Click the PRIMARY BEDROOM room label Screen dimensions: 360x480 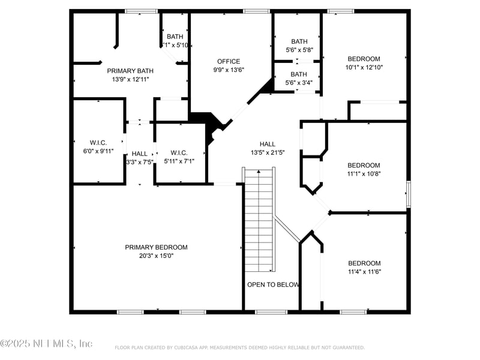pyautogui.click(x=156, y=247)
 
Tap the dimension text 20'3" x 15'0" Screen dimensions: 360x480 pyautogui.click(x=156, y=256)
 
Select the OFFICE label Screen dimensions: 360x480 pyautogui.click(x=229, y=61)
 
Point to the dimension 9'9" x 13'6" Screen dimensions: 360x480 pyautogui.click(x=229, y=70)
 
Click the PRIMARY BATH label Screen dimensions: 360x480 pyautogui.click(x=130, y=71)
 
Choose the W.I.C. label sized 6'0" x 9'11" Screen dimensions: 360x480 pyautogui.click(x=98, y=142)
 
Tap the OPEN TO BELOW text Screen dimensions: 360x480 pyautogui.click(x=273, y=284)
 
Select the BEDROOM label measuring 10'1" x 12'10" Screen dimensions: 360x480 pyautogui.click(x=364, y=59)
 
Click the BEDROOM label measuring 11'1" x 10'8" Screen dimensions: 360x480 pyautogui.click(x=364, y=166)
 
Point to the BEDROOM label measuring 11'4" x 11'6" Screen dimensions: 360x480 pyautogui.click(x=364, y=263)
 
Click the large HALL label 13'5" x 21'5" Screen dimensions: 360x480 pyautogui.click(x=268, y=144)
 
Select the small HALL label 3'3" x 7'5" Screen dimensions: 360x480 pyautogui.click(x=139, y=154)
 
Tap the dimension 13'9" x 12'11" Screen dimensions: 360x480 pyautogui.click(x=130, y=79)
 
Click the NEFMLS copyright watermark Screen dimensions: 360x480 pyautogui.click(x=47, y=344)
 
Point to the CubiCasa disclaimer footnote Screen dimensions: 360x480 pyautogui.click(x=239, y=347)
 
